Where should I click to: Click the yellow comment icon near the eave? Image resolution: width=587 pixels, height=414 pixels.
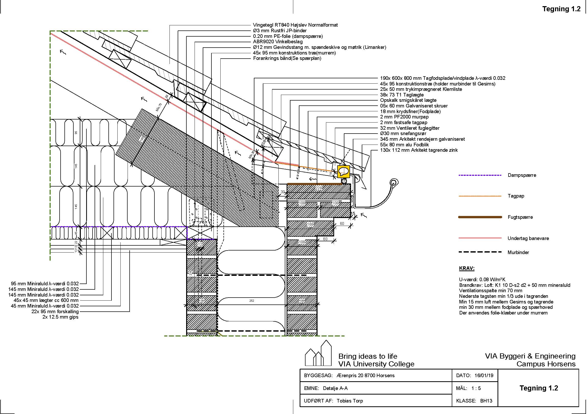pyautogui.click(x=343, y=171)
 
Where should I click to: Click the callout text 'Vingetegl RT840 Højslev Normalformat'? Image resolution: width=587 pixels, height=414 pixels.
pyautogui.click(x=295, y=25)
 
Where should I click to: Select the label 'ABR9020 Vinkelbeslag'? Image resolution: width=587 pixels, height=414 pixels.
pyautogui.click(x=278, y=42)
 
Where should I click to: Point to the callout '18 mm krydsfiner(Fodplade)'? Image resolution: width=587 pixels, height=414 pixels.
pyautogui.click(x=410, y=112)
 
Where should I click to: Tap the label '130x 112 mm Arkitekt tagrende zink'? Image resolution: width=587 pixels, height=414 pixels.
pyautogui.click(x=419, y=150)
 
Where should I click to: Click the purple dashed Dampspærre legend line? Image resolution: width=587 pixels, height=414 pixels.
pyautogui.click(x=480, y=175)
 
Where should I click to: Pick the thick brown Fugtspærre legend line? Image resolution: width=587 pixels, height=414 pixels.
pyautogui.click(x=480, y=217)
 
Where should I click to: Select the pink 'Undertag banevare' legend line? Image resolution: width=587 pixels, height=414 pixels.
pyautogui.click(x=480, y=238)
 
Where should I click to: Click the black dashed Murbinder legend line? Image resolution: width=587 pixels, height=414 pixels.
pyautogui.click(x=480, y=252)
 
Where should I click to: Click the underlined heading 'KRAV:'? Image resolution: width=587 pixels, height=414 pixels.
pyautogui.click(x=467, y=268)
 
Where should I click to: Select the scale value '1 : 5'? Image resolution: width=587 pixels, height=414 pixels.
pyautogui.click(x=476, y=388)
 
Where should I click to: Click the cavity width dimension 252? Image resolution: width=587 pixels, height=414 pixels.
pyautogui.click(x=252, y=301)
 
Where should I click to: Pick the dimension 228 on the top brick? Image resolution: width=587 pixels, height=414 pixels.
pyautogui.click(x=319, y=188)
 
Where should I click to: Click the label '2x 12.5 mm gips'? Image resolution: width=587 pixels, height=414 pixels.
pyautogui.click(x=60, y=317)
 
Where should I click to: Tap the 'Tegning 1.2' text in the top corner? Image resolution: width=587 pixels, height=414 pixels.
pyautogui.click(x=561, y=9)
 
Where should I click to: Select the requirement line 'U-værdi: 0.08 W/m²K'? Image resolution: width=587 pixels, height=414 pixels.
pyautogui.click(x=482, y=280)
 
